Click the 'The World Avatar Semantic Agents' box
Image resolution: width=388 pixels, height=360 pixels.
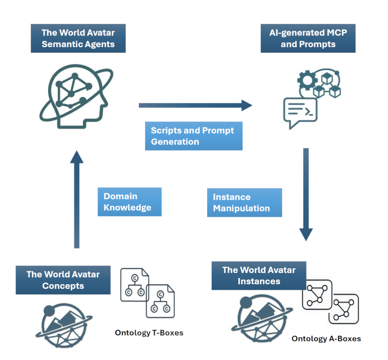[x=78, y=39]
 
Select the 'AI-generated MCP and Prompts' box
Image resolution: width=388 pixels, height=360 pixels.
[x=308, y=38]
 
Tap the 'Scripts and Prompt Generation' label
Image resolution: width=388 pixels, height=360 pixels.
[x=193, y=136]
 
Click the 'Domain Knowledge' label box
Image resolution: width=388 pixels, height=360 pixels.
[x=129, y=202]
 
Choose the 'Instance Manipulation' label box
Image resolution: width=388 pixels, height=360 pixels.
[x=244, y=203]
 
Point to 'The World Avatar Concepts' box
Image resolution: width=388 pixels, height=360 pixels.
[x=63, y=280]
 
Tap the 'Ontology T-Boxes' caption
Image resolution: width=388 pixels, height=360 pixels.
[x=149, y=333]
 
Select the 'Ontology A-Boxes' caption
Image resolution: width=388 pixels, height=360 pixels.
[x=326, y=338]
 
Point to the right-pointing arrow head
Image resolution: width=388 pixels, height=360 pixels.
[x=247, y=105]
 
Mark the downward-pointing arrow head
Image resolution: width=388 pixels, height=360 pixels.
[x=306, y=234]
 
